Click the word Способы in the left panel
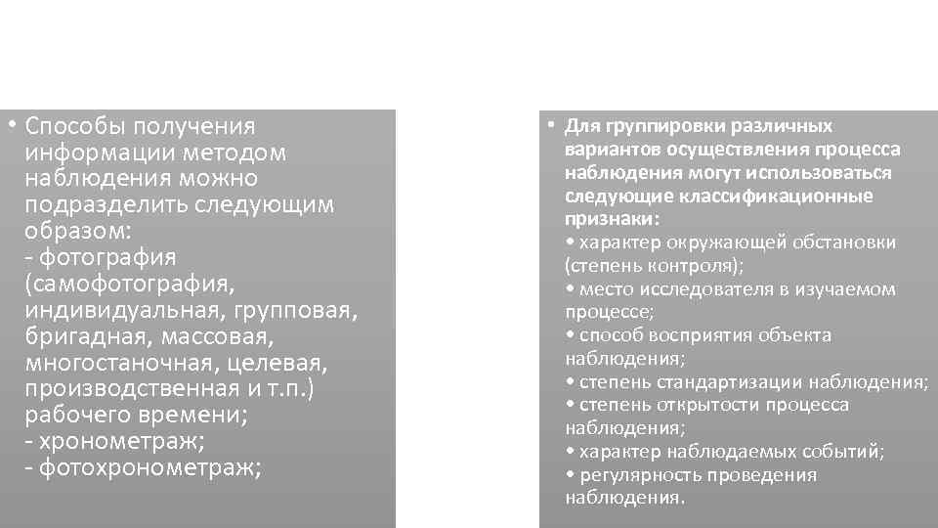[x=72, y=127]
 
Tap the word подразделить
[x=98, y=205]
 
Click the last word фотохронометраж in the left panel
[x=148, y=468]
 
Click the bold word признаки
[x=609, y=219]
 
